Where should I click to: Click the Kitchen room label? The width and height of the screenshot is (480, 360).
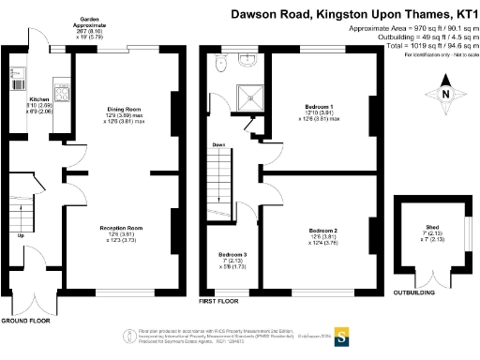39,97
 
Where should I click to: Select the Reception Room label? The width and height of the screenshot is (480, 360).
123,227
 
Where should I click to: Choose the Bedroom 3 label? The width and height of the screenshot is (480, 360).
233,255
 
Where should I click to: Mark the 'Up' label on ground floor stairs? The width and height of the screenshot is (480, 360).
21,236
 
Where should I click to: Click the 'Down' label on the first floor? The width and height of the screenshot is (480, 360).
218,145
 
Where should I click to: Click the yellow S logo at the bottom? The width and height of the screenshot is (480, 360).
343,336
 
